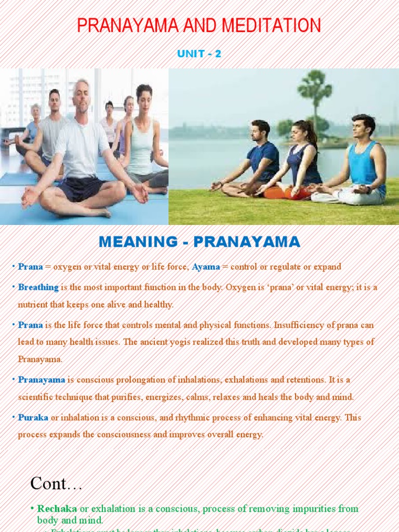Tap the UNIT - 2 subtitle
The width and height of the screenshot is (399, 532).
click(199, 54)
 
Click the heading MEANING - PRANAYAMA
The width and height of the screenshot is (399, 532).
click(199, 242)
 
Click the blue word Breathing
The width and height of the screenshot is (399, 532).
click(38, 287)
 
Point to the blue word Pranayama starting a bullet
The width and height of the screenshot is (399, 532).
click(42, 380)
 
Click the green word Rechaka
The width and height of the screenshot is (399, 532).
click(54, 509)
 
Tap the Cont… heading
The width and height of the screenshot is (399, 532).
click(57, 483)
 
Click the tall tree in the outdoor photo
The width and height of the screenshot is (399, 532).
click(314, 99)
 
